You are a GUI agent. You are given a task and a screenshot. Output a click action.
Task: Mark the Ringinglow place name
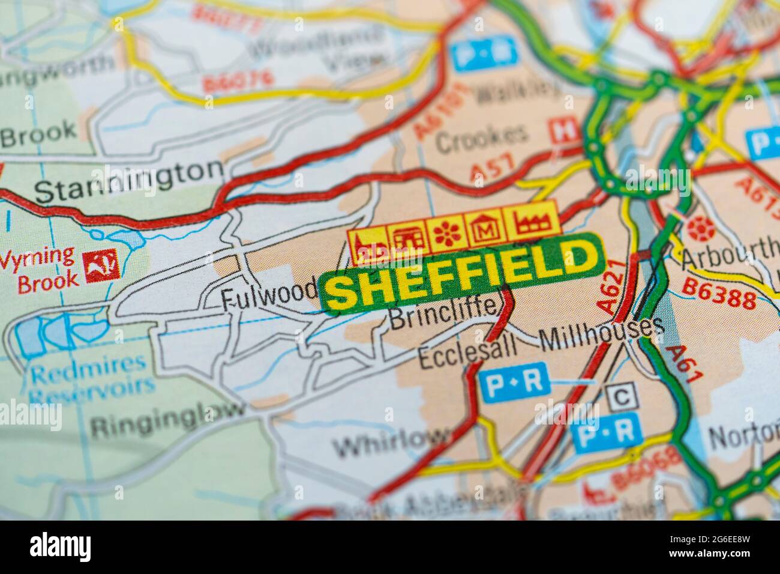(168, 419)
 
